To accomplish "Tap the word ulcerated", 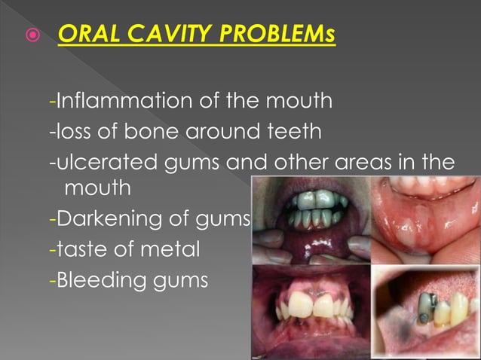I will point(100,163).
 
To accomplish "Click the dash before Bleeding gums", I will point(51,281).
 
